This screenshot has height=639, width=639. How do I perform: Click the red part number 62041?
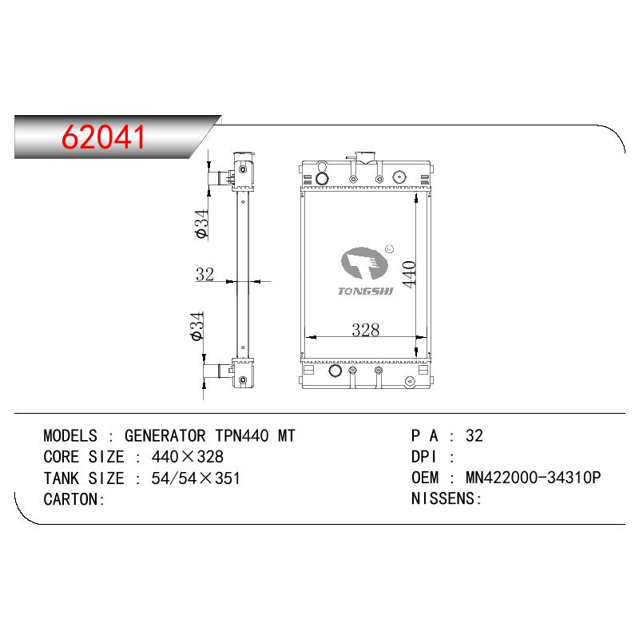pyautogui.click(x=103, y=137)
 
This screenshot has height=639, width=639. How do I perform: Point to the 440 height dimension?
pyautogui.click(x=409, y=274)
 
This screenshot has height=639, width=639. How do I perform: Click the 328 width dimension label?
pyautogui.click(x=366, y=330)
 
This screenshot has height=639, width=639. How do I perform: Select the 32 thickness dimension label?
pyautogui.click(x=204, y=274)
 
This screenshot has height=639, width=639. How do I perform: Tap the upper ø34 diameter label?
pyautogui.click(x=202, y=224)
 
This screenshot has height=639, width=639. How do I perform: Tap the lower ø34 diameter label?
pyautogui.click(x=196, y=326)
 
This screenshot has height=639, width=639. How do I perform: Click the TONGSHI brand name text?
pyautogui.click(x=366, y=291)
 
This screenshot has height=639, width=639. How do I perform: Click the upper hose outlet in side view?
pyautogui.click(x=220, y=178)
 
